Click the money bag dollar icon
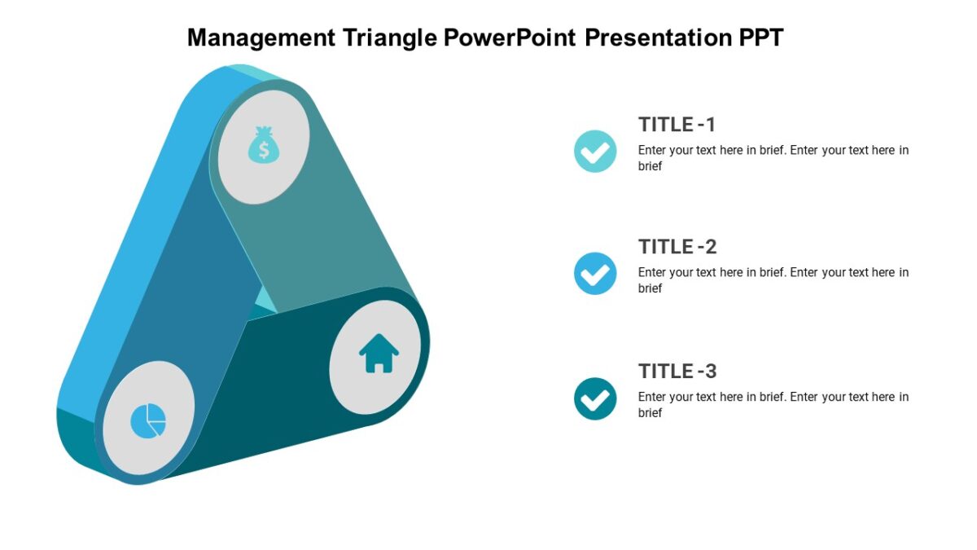[x=263, y=145]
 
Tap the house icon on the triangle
[x=379, y=354]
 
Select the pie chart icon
[x=148, y=420]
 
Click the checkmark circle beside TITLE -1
[x=595, y=152]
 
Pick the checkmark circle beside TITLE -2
[x=595, y=274]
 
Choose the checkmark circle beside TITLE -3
[x=595, y=398]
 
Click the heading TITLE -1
[x=677, y=125]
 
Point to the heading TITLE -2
[x=677, y=247]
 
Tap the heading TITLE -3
[x=677, y=372]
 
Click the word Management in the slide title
[x=261, y=37]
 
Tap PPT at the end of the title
[x=760, y=37]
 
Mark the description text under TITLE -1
[x=773, y=158]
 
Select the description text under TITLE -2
[x=773, y=280]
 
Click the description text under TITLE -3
[x=773, y=405]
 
